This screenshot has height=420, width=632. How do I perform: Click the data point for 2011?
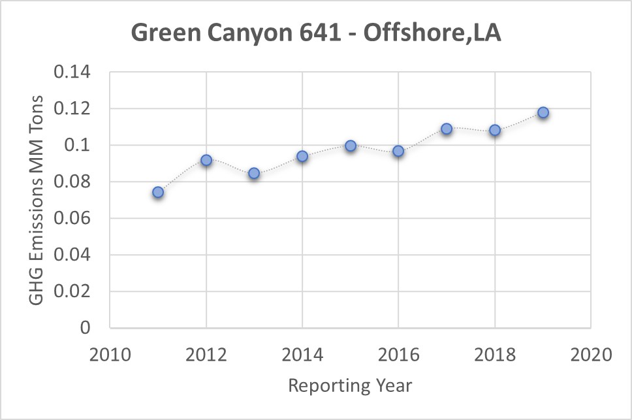pyautogui.click(x=158, y=192)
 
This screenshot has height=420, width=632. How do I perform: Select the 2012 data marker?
pyautogui.click(x=206, y=160)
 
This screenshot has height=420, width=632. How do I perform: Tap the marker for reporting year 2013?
pyautogui.click(x=254, y=173)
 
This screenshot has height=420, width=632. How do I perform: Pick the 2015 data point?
pyautogui.click(x=351, y=146)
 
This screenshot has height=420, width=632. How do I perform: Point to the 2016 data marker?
pyautogui.click(x=398, y=152)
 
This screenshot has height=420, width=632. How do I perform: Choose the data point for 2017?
pyautogui.click(x=447, y=129)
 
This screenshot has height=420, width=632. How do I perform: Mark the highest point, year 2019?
pyautogui.click(x=543, y=112)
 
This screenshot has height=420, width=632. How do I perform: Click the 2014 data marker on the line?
pyautogui.click(x=302, y=156)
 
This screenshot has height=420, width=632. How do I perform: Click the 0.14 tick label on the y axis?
pyautogui.click(x=74, y=72)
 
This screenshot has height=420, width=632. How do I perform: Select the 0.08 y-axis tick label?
pyautogui.click(x=74, y=182)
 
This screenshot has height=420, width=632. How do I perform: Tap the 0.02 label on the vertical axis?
pyautogui.click(x=74, y=291)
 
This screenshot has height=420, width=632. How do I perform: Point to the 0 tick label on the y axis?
pyautogui.click(x=85, y=328)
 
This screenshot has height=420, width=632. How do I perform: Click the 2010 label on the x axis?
pyautogui.click(x=110, y=355)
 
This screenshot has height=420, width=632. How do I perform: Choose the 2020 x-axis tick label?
pyautogui.click(x=591, y=355)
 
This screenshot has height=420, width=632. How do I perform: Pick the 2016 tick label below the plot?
pyautogui.click(x=398, y=355)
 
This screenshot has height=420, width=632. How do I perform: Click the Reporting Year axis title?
pyautogui.click(x=351, y=385)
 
